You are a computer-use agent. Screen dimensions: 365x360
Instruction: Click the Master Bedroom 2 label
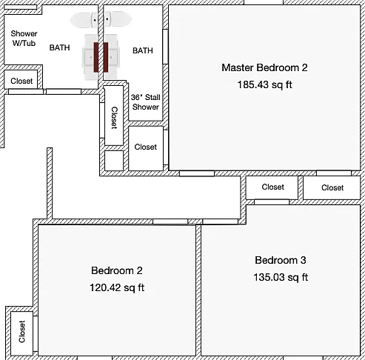pyautogui.click(x=264, y=67)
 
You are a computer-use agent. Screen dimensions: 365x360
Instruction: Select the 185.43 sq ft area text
pyautogui.click(x=264, y=84)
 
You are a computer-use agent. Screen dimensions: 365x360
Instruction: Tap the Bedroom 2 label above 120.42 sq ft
pyautogui.click(x=117, y=270)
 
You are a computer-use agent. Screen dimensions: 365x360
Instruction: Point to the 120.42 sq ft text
pyautogui.click(x=117, y=287)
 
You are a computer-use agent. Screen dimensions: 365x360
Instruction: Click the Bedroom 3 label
pyautogui.click(x=281, y=260)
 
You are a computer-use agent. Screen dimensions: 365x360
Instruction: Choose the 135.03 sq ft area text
pyautogui.click(x=281, y=277)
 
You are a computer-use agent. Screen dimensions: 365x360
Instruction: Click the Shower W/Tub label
pyautogui.click(x=24, y=39)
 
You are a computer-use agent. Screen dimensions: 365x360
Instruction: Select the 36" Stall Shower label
pyautogui.click(x=146, y=102)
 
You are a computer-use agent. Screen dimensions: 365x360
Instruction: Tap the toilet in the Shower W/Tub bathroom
pyautogui.click(x=84, y=20)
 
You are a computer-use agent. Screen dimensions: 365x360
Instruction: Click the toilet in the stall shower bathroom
pyautogui.click(x=118, y=19)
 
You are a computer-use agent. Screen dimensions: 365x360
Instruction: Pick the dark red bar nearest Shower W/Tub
pyautogui.click(x=96, y=57)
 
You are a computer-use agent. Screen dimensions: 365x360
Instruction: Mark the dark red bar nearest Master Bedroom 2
pyautogui.click(x=106, y=57)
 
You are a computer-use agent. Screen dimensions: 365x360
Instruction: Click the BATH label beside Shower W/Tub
pyautogui.click(x=59, y=47)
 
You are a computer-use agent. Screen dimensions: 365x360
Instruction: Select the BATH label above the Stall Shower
pyautogui.click(x=143, y=50)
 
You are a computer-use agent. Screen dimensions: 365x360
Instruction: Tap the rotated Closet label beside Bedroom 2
pyautogui.click(x=22, y=331)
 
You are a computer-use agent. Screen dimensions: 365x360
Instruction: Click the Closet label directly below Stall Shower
pyautogui.click(x=146, y=147)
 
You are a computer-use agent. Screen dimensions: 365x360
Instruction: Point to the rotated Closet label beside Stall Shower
pyautogui.click(x=114, y=118)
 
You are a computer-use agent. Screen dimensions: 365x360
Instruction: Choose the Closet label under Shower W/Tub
pyautogui.click(x=21, y=81)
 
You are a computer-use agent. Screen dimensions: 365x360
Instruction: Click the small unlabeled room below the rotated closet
pyautogui.click(x=114, y=161)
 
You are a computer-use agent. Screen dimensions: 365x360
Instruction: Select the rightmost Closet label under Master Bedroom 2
pyautogui.click(x=332, y=187)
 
